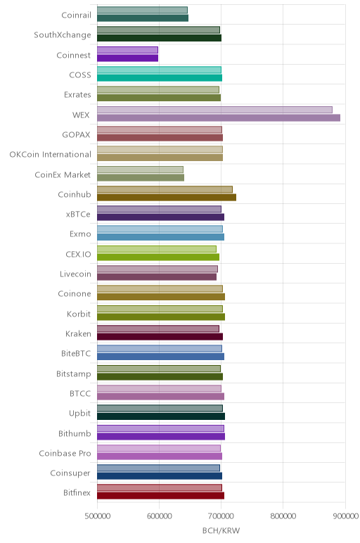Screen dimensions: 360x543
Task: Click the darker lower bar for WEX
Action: pyautogui.click(x=219, y=117)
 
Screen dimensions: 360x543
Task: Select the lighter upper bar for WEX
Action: pyautogui.click(x=214, y=110)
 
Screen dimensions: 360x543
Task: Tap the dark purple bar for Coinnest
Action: pyautogui.click(x=127, y=58)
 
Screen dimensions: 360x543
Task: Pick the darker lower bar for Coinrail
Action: pyautogui.click(x=143, y=18)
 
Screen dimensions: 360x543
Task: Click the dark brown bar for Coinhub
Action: pyautogui.click(x=167, y=198)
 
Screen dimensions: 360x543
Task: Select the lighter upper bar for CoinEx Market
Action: pyautogui.click(x=140, y=170)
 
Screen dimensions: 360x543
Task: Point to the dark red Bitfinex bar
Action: pyautogui.click(x=160, y=496)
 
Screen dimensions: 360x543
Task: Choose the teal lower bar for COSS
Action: pyautogui.click(x=160, y=78)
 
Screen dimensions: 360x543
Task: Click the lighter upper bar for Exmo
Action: pyautogui.click(x=160, y=229)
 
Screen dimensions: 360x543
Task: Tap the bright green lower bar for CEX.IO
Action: pyautogui.click(x=158, y=257)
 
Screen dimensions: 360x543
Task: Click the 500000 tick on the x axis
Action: pyautogui.click(x=98, y=516)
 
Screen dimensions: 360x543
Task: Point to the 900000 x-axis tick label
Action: pyautogui.click(x=345, y=516)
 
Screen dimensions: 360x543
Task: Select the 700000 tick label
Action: pyautogui.click(x=221, y=516)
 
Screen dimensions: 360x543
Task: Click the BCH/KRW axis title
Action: pyautogui.click(x=221, y=531)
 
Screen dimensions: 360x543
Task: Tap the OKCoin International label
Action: pyautogui.click(x=50, y=155)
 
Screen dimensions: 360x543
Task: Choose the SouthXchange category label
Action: pyautogui.click(x=63, y=35)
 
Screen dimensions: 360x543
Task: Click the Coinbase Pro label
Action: pyautogui.click(x=65, y=453)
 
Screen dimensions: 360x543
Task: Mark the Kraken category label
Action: pyautogui.click(x=78, y=334)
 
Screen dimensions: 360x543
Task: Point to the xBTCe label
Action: pyautogui.click(x=78, y=215)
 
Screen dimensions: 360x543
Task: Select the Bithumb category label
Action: pyautogui.click(x=75, y=433)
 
